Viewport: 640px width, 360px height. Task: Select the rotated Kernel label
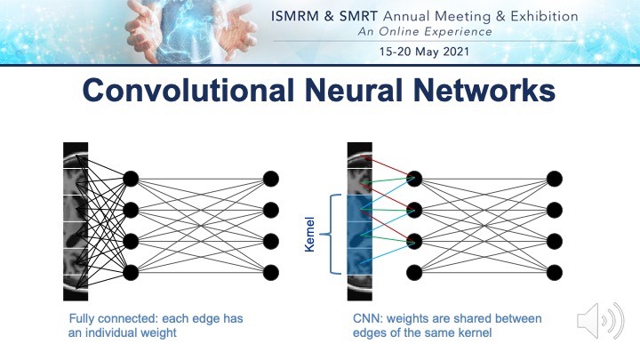click(310, 235)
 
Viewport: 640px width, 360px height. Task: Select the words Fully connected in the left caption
click(105, 318)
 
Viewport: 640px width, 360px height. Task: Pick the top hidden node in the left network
click(131, 178)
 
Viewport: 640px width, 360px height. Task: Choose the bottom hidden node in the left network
click(131, 271)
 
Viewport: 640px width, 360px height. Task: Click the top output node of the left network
click(271, 178)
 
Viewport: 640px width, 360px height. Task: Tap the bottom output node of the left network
click(271, 271)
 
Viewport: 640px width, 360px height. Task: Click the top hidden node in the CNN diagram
click(414, 178)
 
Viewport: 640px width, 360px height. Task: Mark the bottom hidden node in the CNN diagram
click(414, 271)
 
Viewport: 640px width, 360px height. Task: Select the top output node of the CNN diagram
click(554, 178)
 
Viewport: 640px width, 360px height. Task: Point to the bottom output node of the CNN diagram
click(554, 271)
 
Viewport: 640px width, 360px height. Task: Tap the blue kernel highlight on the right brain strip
click(358, 234)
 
